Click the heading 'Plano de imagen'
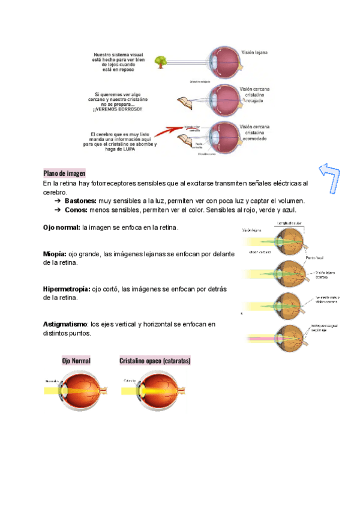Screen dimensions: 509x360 [x=64, y=173]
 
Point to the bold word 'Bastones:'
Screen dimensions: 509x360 [x=80, y=200]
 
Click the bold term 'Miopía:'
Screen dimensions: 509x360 [x=55, y=254]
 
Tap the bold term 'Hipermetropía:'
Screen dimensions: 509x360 [x=67, y=289]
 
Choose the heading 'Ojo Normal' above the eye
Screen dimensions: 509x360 [x=76, y=361]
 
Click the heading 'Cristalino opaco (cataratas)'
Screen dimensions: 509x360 [x=155, y=361]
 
